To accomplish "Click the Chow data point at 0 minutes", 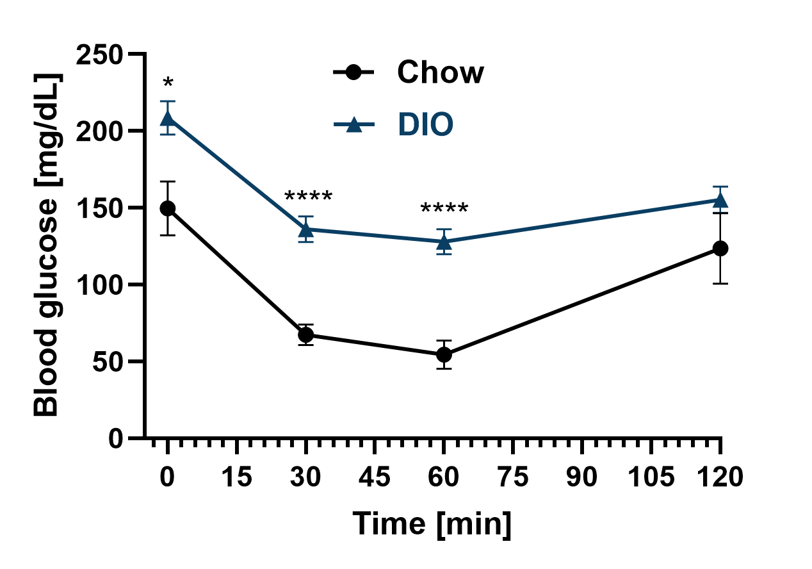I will (168, 208).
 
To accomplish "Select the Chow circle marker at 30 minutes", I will (306, 334).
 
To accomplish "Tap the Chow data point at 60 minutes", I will (444, 354).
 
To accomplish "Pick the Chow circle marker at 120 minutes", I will (720, 249).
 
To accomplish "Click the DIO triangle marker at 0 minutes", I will (168, 119).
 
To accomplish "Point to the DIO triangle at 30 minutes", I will (306, 229).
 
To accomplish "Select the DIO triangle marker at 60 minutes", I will (444, 242).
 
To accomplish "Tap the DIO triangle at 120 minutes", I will (720, 201).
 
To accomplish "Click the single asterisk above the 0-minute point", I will (168, 84).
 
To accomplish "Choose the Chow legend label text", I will (441, 72).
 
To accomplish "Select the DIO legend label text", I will (425, 125).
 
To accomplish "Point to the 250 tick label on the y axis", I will (100, 54).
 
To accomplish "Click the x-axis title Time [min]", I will (433, 524).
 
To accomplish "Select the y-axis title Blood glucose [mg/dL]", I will (46, 246).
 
